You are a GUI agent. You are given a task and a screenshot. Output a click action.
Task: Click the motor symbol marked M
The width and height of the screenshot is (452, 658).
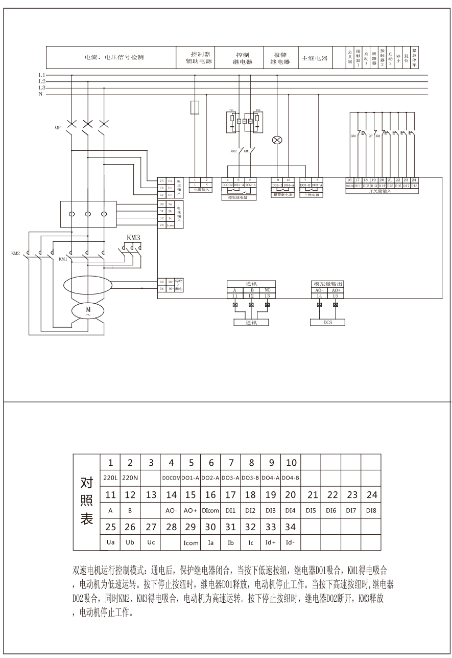click(x=87, y=310)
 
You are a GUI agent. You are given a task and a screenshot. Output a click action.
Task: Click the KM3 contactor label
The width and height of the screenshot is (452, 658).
click(x=133, y=238)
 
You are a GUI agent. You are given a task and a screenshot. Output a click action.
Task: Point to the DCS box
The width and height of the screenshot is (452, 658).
click(x=327, y=323)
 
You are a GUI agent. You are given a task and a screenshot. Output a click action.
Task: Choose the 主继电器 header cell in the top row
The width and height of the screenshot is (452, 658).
click(x=315, y=58)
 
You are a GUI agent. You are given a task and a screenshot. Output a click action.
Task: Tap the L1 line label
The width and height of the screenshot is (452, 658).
click(x=42, y=75)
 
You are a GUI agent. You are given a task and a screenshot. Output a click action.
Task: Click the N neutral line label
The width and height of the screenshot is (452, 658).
click(x=41, y=95)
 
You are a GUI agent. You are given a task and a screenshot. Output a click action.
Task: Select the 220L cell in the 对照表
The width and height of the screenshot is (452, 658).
click(x=110, y=478)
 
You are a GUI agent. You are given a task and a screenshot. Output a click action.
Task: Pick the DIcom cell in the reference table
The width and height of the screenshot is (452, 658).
click(x=210, y=510)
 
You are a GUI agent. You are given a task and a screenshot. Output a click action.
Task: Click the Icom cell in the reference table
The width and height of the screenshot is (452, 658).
click(x=191, y=542)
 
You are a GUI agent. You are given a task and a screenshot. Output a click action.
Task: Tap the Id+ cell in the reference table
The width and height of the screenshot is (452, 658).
click(x=271, y=542)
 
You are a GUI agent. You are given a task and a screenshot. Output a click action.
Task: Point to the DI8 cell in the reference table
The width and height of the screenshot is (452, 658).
click(x=371, y=510)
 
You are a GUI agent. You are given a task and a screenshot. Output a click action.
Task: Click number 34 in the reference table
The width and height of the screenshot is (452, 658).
click(x=291, y=527)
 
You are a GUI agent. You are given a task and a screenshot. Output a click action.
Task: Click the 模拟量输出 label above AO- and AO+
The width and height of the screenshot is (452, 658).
click(x=327, y=283)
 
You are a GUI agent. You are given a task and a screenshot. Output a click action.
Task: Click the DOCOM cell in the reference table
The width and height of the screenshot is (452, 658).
click(x=171, y=478)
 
